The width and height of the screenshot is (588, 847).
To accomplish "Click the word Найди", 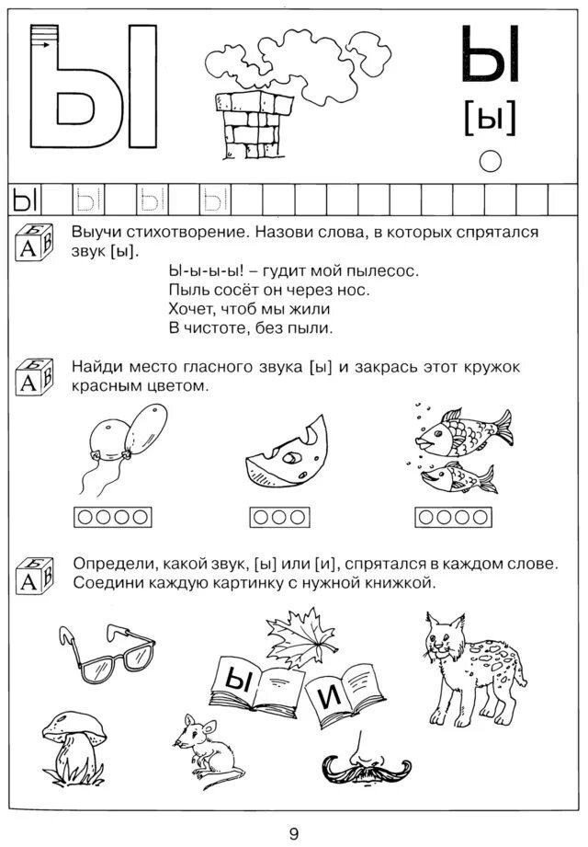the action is pyautogui.click(x=97, y=367).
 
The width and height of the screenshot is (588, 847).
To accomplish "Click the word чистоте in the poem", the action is pyautogui.click(x=228, y=326).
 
